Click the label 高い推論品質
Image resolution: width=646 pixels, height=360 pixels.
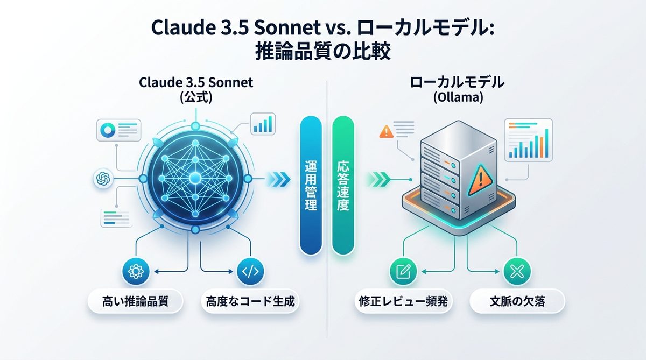click(x=135, y=302)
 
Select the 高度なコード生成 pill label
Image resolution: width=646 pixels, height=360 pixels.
click(x=250, y=302)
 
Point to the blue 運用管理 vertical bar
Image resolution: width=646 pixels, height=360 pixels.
click(x=311, y=185)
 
